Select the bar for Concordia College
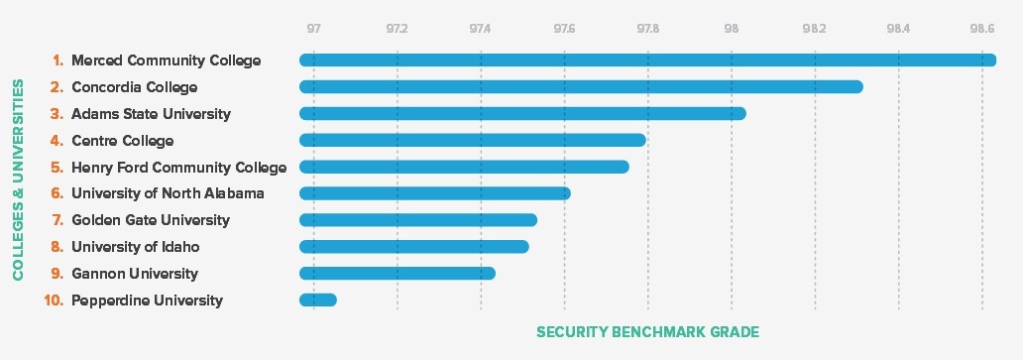581,87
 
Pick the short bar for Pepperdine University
318,300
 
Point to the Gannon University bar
398,274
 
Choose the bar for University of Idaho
414,247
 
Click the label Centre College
122,141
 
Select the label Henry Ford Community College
178,168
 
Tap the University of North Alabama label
168,193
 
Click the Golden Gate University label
150,220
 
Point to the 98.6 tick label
982,28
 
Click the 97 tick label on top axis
313,28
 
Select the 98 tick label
732,28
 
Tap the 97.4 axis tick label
481,28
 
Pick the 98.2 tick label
815,28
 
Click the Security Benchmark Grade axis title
647,331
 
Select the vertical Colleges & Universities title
19,180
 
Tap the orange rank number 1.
57,60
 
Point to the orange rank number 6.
57,193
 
